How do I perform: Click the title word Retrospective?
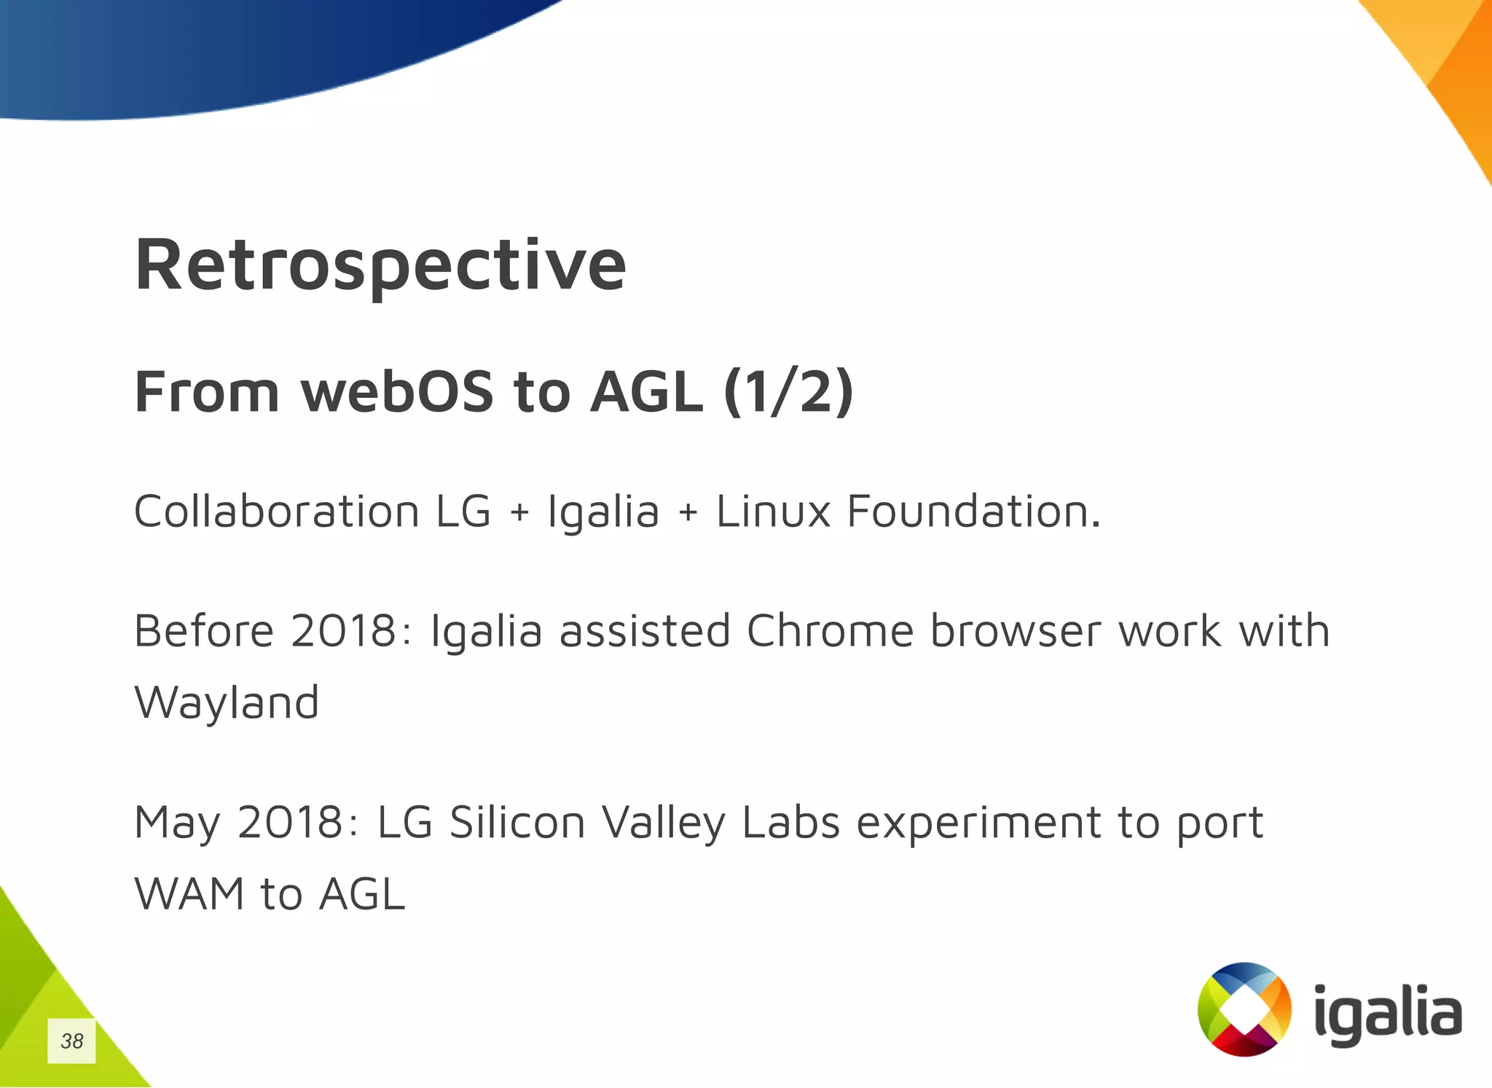click(380, 266)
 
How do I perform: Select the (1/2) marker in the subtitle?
click(788, 392)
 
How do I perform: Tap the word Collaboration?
click(276, 511)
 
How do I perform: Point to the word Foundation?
click(973, 511)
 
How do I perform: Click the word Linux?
click(773, 511)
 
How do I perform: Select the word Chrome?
click(830, 630)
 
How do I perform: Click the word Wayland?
click(227, 703)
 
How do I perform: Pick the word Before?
click(204, 630)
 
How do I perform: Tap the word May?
click(177, 823)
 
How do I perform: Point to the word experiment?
click(978, 823)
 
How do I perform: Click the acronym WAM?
click(189, 894)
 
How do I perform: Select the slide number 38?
click(71, 1041)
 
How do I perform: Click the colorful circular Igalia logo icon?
click(1244, 1009)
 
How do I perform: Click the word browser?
click(1016, 630)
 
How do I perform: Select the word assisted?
click(645, 630)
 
